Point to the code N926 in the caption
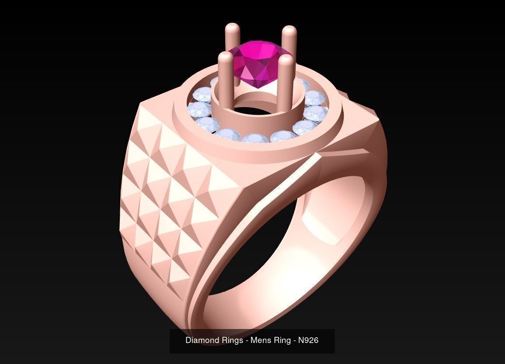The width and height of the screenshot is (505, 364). point(308,340)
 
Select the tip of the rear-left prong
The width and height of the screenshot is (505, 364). point(232,28)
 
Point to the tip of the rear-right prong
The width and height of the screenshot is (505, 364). point(289,31)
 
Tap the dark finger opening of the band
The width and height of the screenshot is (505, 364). point(258,245)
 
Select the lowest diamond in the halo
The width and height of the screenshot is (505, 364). point(255,139)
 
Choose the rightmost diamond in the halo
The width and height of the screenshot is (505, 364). point(316,114)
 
